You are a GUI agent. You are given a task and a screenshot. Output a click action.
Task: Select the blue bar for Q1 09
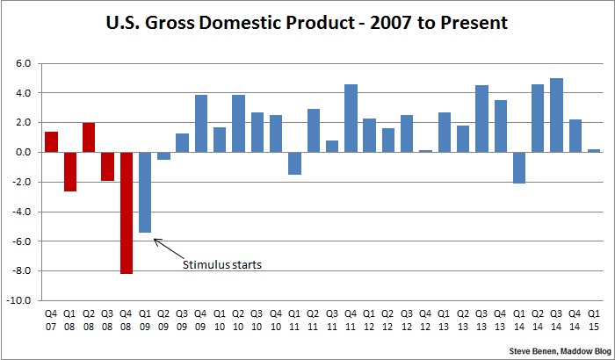tap(145, 192)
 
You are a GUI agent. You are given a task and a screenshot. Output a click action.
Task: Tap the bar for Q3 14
tap(556, 115)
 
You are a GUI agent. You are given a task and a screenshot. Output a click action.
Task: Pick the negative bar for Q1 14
tap(519, 168)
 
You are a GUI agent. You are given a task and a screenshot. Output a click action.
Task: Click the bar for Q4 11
tap(351, 118)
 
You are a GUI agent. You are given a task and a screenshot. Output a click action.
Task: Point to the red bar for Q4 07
tap(52, 141)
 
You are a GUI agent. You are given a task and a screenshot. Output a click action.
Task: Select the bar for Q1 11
tap(294, 163)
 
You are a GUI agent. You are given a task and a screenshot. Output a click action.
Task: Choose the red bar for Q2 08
tap(89, 137)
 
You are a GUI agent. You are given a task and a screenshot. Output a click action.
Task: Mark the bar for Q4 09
tap(201, 123)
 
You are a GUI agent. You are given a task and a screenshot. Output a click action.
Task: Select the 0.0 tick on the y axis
tap(24, 152)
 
